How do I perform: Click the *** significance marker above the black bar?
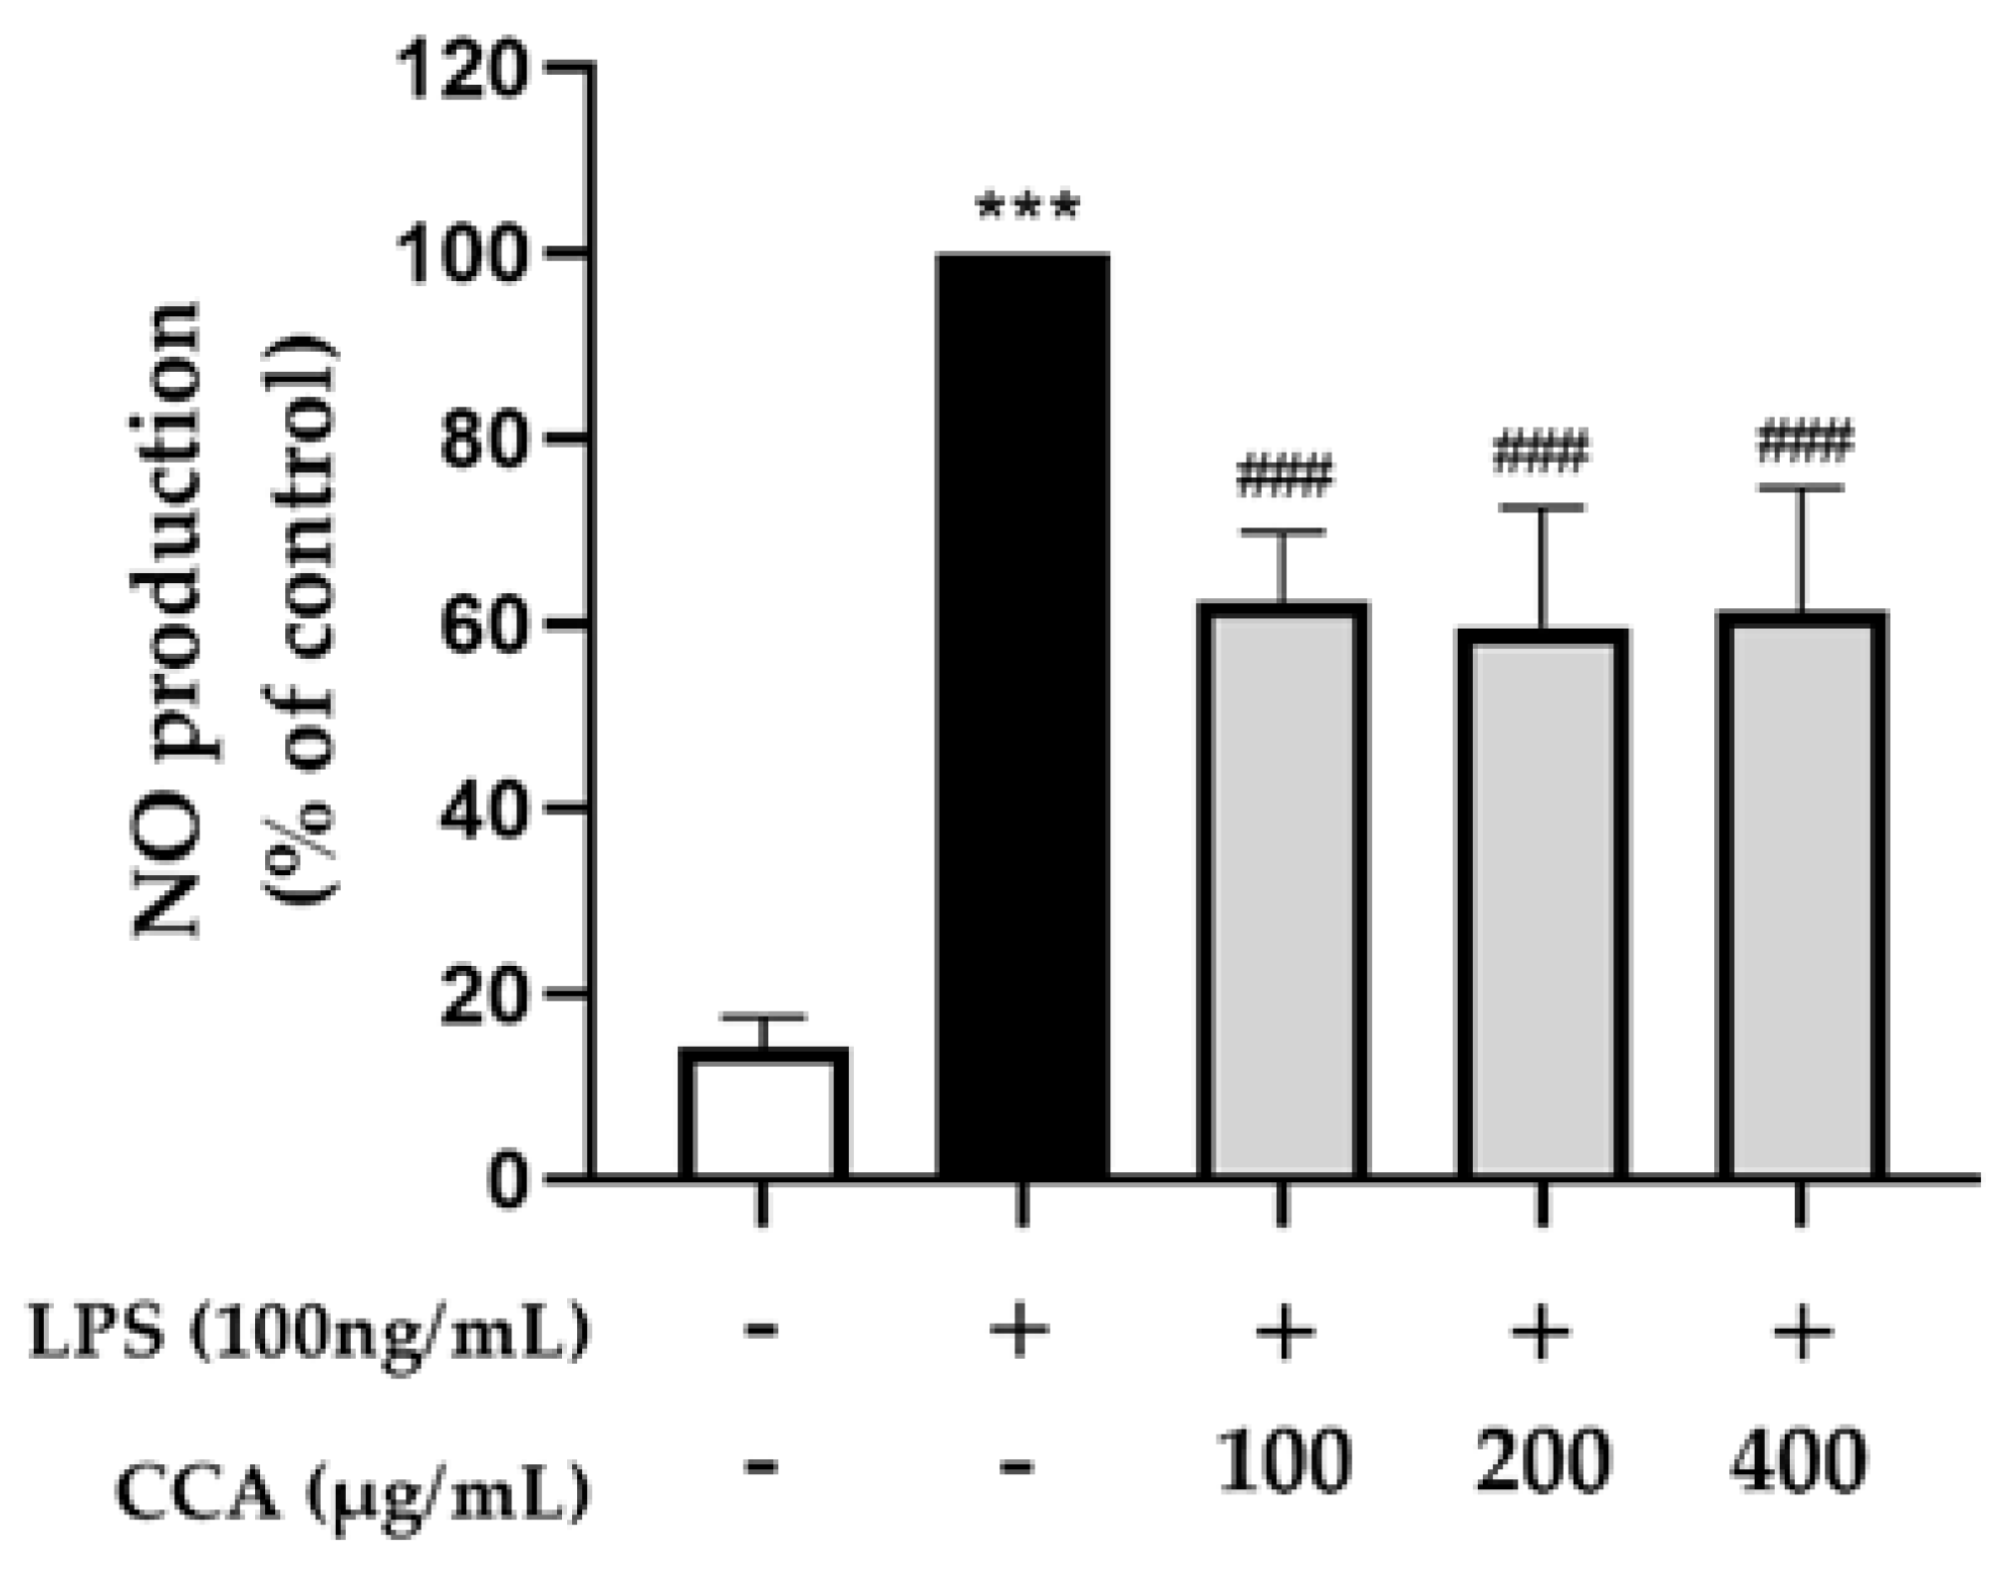coord(1027,207)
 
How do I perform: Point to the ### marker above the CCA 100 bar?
coord(1284,476)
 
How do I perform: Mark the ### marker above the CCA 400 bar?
coord(1805,442)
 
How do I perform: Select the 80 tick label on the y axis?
coord(482,440)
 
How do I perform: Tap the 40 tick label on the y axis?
coord(482,808)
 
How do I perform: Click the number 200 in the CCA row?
coord(1542,1460)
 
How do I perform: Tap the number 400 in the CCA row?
coord(1799,1460)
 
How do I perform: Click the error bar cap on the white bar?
coord(763,1017)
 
